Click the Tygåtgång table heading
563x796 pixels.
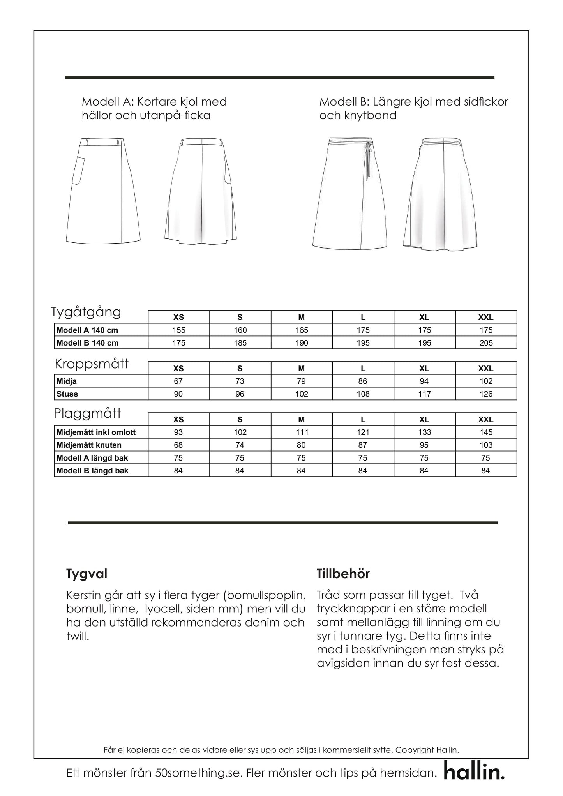click(x=86, y=312)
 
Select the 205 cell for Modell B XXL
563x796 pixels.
click(x=486, y=343)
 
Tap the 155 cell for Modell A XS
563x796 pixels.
click(x=179, y=330)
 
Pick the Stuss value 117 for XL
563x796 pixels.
click(x=424, y=394)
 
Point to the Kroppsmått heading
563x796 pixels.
click(x=92, y=364)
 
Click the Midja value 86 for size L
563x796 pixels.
click(x=363, y=381)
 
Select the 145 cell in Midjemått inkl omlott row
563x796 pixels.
click(x=486, y=432)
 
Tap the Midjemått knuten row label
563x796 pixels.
click(x=89, y=445)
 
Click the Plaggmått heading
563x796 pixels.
click(x=88, y=413)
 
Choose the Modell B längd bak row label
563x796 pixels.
click(x=92, y=471)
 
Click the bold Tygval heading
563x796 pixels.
click(x=86, y=574)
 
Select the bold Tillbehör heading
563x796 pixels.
click(x=343, y=574)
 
